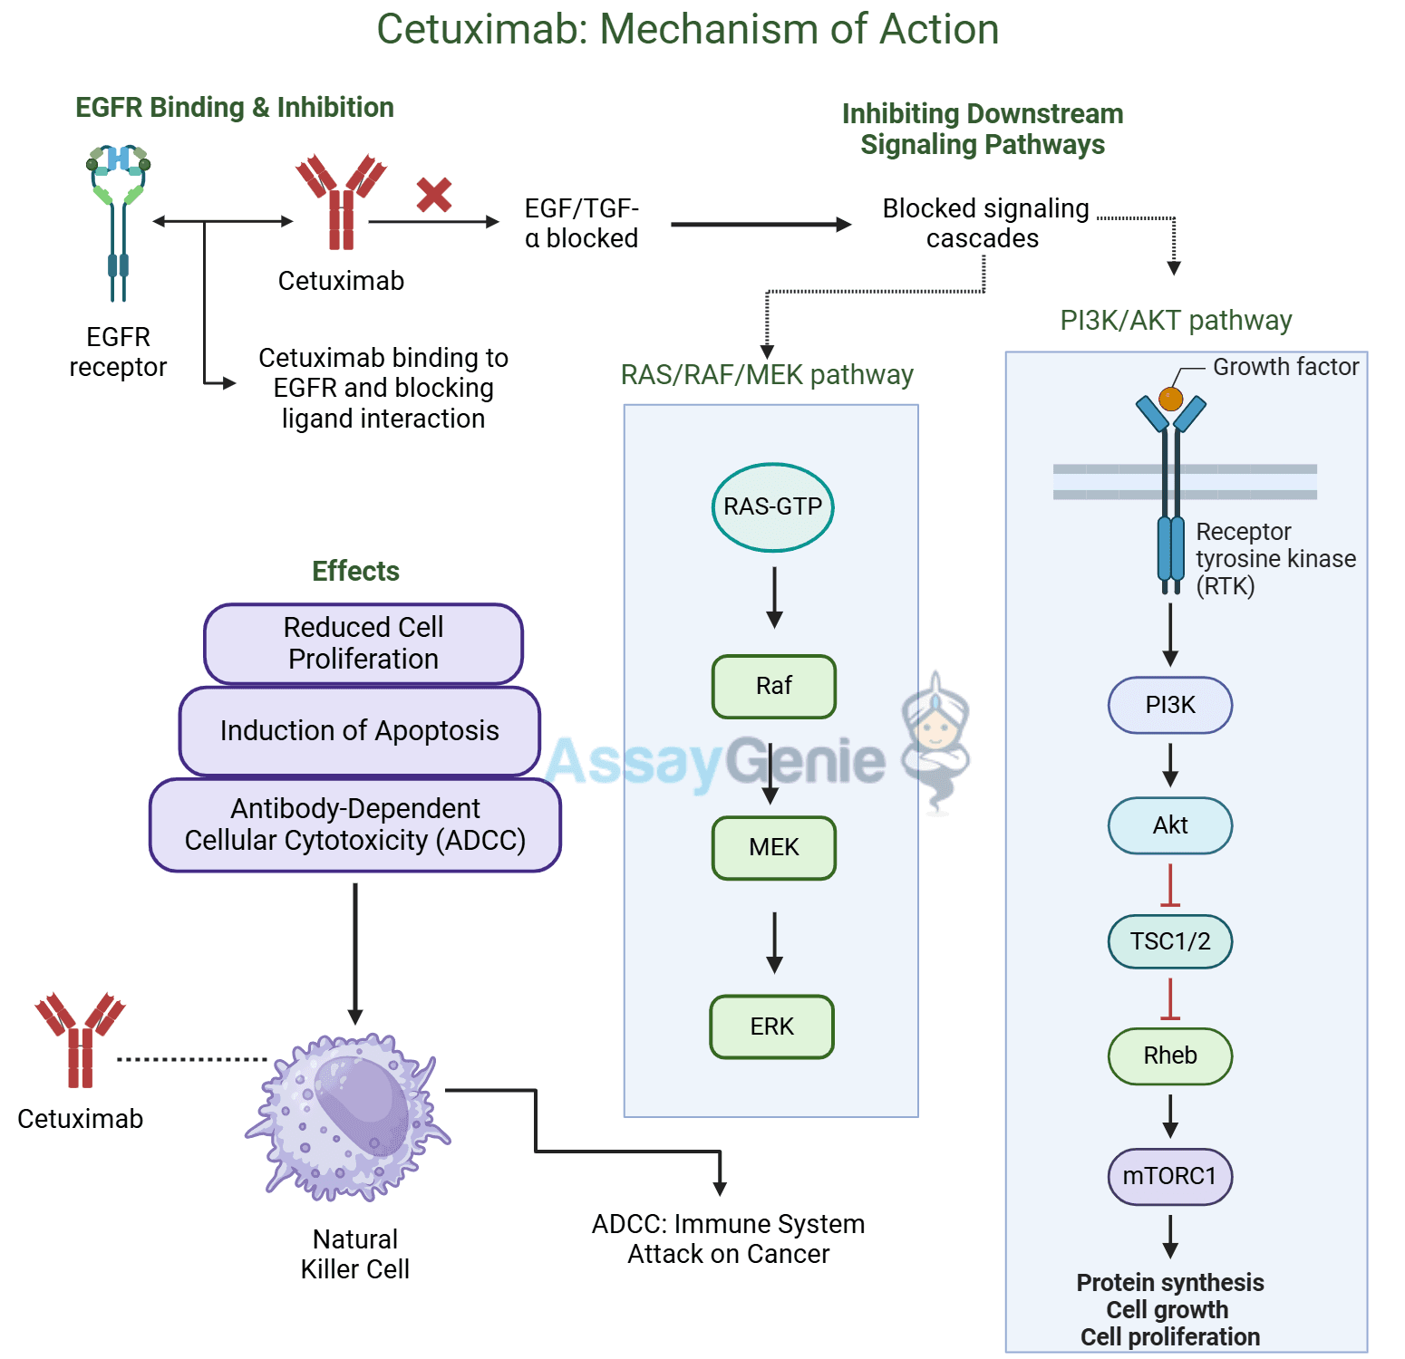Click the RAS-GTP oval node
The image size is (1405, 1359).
pyautogui.click(x=772, y=507)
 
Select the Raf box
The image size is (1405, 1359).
pyautogui.click(x=774, y=687)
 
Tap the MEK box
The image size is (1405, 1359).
pyautogui.click(x=774, y=848)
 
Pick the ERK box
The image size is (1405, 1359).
pyautogui.click(x=772, y=1026)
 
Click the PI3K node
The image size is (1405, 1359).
pyautogui.click(x=1170, y=705)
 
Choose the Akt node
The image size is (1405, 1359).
pyautogui.click(x=1170, y=825)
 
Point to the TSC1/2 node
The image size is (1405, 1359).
pyautogui.click(x=1170, y=941)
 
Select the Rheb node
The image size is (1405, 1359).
pyautogui.click(x=1170, y=1055)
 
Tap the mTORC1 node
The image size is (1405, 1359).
pyautogui.click(x=1170, y=1176)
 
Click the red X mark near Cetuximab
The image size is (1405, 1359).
pyautogui.click(x=434, y=195)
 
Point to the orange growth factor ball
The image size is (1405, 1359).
pyautogui.click(x=1171, y=399)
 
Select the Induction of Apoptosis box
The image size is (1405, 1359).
pyautogui.click(x=360, y=731)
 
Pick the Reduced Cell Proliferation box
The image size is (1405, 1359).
pyautogui.click(x=363, y=643)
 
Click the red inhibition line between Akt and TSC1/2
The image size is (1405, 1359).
pyautogui.click(x=1170, y=885)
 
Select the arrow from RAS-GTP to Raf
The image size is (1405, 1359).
pyautogui.click(x=774, y=597)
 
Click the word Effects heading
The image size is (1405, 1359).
pyautogui.click(x=355, y=572)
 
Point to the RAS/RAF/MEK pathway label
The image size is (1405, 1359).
pyautogui.click(x=767, y=375)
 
